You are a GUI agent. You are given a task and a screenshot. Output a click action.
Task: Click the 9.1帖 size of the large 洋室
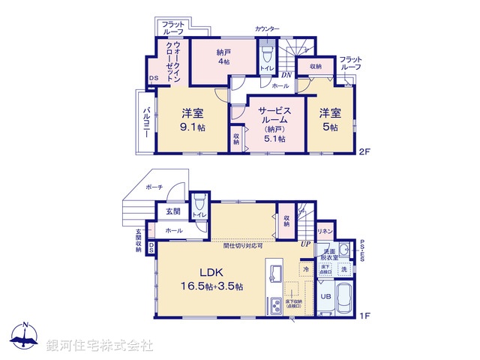point(193,127)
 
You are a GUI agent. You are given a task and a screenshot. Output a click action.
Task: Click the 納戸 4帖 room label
point(222,56)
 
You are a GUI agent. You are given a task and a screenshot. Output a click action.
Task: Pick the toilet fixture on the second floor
point(266,55)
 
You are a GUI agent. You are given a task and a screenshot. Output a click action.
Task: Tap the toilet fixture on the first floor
point(199,205)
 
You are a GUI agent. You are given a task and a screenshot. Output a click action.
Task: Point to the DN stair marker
point(285,74)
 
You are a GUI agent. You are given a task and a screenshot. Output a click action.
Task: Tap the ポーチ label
point(154,187)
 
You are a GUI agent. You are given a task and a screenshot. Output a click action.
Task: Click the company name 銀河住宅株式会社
point(99,345)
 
